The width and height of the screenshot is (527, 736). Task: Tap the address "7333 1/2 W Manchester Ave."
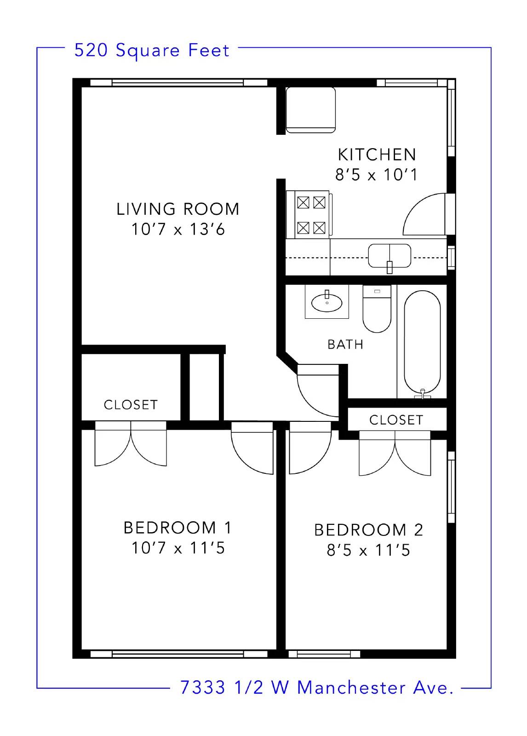pyautogui.click(x=317, y=687)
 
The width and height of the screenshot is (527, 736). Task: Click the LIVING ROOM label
pyautogui.click(x=178, y=209)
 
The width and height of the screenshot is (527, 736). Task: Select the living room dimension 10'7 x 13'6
pyautogui.click(x=178, y=230)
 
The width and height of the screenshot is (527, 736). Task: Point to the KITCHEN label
pyautogui.click(x=377, y=155)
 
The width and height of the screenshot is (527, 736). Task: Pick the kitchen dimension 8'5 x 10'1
pyautogui.click(x=376, y=175)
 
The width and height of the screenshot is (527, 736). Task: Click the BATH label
pyautogui.click(x=345, y=345)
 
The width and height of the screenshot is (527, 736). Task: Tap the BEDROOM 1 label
pyautogui.click(x=178, y=528)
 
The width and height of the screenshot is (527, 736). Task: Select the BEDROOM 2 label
pyautogui.click(x=368, y=530)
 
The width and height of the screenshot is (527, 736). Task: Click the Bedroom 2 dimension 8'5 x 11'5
pyautogui.click(x=368, y=550)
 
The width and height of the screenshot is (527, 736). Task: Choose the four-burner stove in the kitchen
pyautogui.click(x=309, y=214)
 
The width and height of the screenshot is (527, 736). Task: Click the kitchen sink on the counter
pyautogui.click(x=390, y=256)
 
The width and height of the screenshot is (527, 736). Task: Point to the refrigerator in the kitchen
pyautogui.click(x=310, y=110)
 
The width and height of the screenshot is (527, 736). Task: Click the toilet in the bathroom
pyautogui.click(x=377, y=309)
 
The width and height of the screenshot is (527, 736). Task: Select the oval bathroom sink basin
pyautogui.click(x=327, y=303)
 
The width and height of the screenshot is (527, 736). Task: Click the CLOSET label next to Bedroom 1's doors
pyautogui.click(x=131, y=405)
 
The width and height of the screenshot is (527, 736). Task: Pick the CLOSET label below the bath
pyautogui.click(x=396, y=420)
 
